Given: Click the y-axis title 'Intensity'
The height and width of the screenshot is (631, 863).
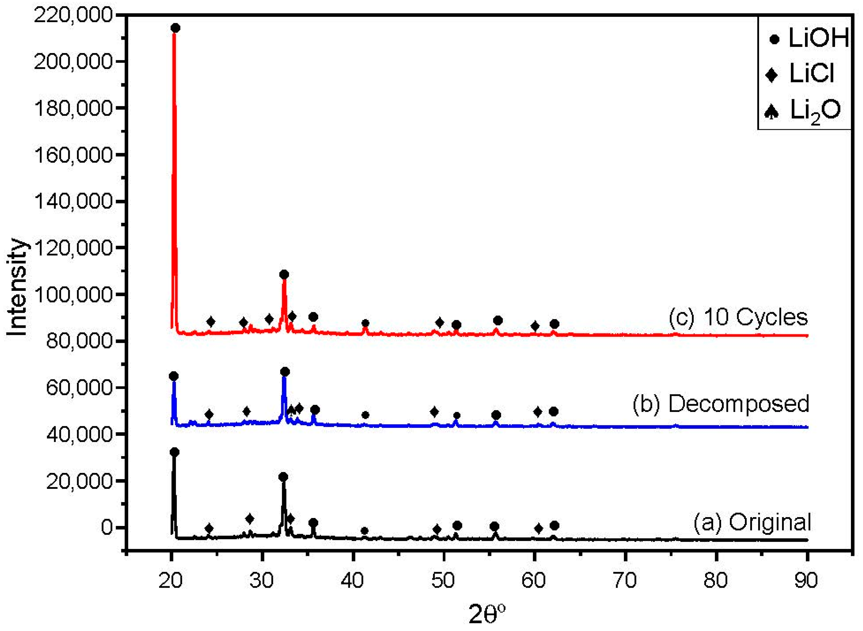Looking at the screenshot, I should (x=17, y=287).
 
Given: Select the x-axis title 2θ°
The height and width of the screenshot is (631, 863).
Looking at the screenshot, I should (x=487, y=615).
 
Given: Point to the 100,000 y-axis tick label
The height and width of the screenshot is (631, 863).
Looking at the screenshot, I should (x=74, y=295).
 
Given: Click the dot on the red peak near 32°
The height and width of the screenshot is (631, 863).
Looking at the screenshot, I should (x=284, y=275).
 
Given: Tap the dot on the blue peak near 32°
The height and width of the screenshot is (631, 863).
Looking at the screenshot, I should (x=285, y=372).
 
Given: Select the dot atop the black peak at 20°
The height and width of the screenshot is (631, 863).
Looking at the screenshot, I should (x=174, y=452).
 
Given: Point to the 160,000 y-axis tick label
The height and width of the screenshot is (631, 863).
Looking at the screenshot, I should (x=74, y=155).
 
